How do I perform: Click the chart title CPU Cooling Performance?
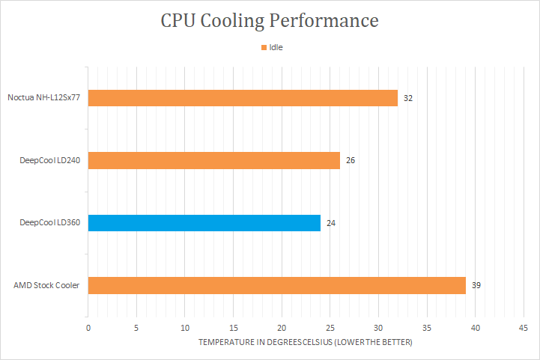coord(270,20)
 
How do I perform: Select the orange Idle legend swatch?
coord(264,48)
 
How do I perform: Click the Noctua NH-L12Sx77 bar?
coord(243,98)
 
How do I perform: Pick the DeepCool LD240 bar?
coord(213,160)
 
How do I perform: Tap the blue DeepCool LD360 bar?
coord(204,223)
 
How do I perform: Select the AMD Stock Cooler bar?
coord(276,285)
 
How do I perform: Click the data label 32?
coord(408,98)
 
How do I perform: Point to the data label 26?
coord(351,161)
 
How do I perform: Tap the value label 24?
coord(331,223)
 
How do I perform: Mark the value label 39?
coord(476,286)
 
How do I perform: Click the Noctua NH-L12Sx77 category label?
coord(43,98)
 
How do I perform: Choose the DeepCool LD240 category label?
coord(49,161)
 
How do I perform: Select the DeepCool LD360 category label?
coord(49,223)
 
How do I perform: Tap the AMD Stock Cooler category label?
coord(46,286)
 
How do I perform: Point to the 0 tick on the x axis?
coord(88,328)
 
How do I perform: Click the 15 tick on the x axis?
coord(233,328)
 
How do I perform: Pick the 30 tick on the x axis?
coord(378,328)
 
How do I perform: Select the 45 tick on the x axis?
coord(523,328)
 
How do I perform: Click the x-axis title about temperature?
coord(305,342)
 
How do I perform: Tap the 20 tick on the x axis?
coord(282,328)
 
